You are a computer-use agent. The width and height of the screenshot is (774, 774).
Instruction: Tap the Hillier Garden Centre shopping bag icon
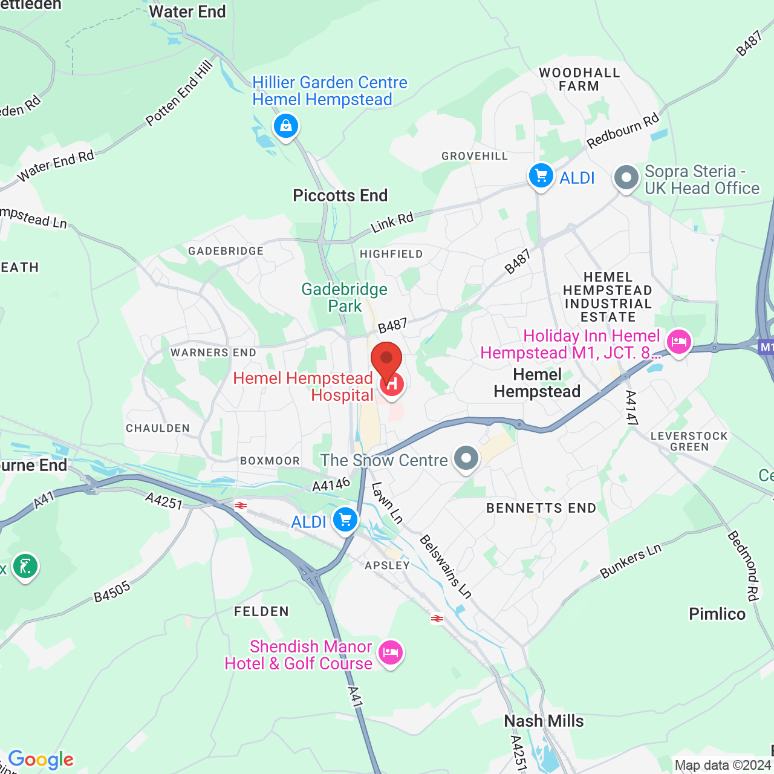tap(286, 126)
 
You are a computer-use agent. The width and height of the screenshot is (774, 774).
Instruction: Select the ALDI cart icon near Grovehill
tap(541, 176)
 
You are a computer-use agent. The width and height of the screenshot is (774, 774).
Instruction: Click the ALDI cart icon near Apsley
tap(345, 519)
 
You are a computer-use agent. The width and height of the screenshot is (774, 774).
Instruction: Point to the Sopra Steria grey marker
tap(626, 178)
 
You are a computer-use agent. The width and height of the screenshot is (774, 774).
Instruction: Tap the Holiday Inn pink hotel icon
tap(678, 342)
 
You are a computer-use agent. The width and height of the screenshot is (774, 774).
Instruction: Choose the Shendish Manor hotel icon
tap(391, 653)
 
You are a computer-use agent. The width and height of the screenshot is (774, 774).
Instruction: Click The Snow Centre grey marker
tap(466, 458)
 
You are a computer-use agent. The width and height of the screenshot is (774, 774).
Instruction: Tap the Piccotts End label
tap(340, 195)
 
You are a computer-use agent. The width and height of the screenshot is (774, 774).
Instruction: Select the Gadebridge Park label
tap(345, 298)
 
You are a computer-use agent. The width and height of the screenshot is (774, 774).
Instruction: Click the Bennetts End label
tap(541, 508)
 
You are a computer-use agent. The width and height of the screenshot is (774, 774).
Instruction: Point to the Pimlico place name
tap(717, 614)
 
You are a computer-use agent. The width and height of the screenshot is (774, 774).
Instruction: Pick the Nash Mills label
tap(544, 721)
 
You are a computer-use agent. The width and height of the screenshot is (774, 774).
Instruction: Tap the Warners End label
tap(213, 353)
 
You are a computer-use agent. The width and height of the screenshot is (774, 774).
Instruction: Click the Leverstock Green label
tap(689, 441)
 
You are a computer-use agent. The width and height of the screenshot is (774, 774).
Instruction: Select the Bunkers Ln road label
tap(631, 561)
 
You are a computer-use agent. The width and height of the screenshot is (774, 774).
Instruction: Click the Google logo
tap(41, 759)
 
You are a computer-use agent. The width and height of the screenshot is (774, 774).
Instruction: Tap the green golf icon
tap(25, 567)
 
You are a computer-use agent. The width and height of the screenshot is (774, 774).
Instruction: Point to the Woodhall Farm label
tap(579, 79)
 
